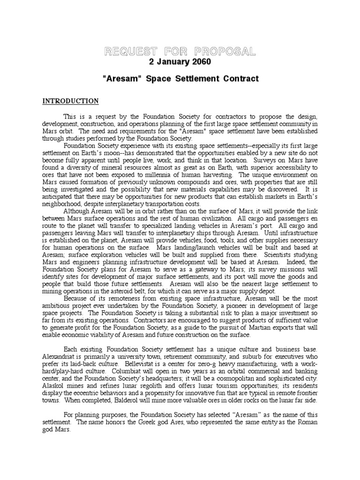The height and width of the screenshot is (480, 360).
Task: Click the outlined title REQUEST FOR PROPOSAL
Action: (180, 51)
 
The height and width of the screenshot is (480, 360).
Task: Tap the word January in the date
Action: (171, 62)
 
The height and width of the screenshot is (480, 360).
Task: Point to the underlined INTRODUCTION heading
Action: (71, 101)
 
